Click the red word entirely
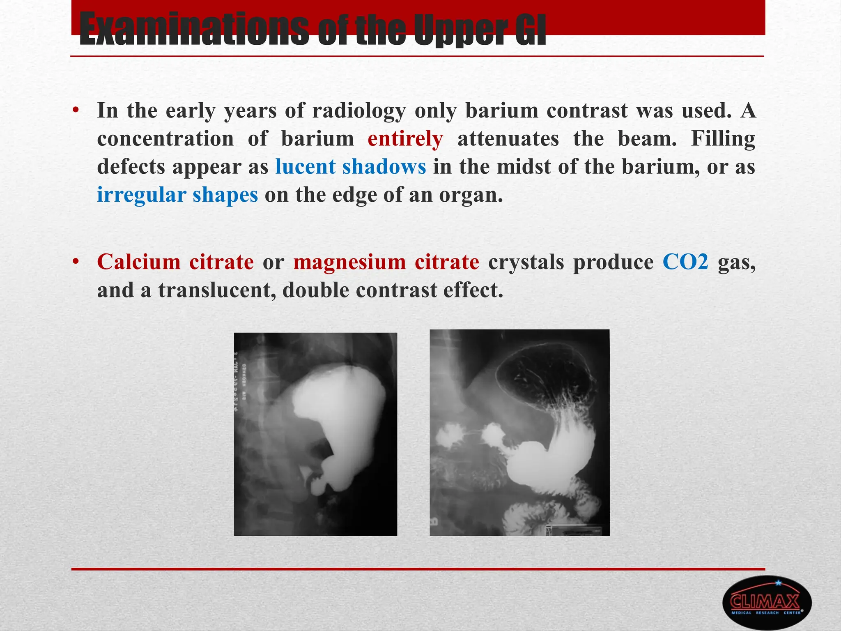coord(405,139)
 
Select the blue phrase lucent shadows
coord(350,167)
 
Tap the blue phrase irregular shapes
coord(177,195)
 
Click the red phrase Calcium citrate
coord(175,262)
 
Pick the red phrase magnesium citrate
coord(386,262)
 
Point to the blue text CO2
coord(685,262)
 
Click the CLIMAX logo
coord(766,602)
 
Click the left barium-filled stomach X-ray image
coord(315,434)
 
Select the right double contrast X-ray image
coord(519,432)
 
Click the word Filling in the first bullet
coord(723,139)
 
